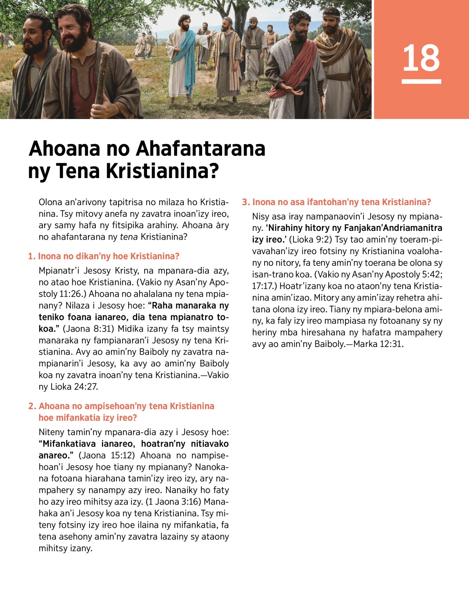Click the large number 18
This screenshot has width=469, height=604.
(421, 58)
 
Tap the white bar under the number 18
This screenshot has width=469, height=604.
(421, 81)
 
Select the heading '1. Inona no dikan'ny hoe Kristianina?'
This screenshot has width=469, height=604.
(104, 256)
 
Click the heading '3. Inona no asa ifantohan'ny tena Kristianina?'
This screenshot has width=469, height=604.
(336, 202)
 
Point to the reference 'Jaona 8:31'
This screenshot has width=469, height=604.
(88, 329)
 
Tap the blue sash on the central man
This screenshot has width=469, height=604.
(187, 59)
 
